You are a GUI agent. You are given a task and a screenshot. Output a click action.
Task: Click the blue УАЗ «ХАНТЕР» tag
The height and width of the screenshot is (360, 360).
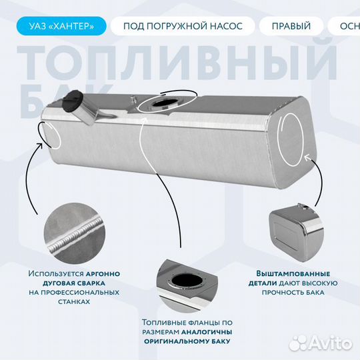(x=59, y=26)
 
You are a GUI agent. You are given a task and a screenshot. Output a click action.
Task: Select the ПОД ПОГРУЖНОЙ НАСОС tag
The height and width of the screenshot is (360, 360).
(x=181, y=26)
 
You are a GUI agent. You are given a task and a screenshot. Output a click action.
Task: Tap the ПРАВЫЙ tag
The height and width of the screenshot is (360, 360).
(x=291, y=26)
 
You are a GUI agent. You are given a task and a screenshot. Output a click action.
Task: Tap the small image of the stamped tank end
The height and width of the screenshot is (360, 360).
(x=296, y=227)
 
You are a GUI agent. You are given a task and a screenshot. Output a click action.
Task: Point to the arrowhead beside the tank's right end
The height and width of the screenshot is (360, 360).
(x=307, y=158)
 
